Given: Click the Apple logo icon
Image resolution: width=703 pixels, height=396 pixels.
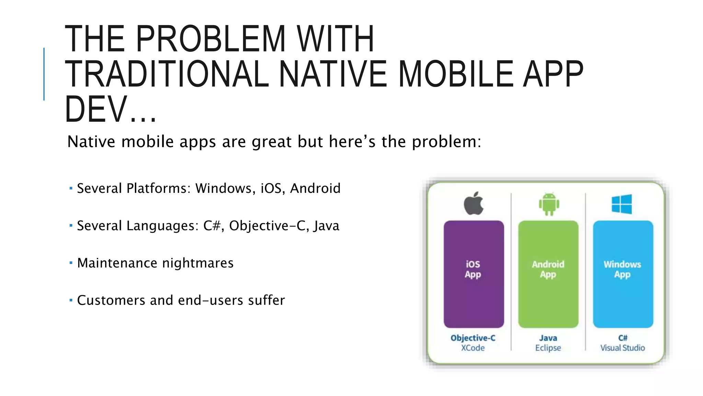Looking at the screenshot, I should [x=474, y=203].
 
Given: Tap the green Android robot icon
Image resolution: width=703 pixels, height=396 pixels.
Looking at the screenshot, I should [x=549, y=204].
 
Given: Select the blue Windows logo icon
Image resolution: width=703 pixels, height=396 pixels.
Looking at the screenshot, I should [x=622, y=204].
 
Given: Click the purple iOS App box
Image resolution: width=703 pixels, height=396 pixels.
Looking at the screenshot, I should [x=474, y=274].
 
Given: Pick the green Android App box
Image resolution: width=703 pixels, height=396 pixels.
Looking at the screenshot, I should [x=548, y=274].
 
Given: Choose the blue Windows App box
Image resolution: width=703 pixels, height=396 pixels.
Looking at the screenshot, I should [x=623, y=274].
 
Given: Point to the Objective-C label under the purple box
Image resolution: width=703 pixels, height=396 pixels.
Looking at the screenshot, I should [x=473, y=338].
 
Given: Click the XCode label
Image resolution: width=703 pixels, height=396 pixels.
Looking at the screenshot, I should [x=473, y=348].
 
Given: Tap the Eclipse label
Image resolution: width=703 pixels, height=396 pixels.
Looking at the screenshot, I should [x=548, y=348].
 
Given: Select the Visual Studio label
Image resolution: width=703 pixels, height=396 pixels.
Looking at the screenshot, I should [x=622, y=348].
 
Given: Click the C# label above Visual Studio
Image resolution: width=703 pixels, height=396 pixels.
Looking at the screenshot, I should [x=623, y=338].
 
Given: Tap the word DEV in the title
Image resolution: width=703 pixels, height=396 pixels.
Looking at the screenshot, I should [x=96, y=110].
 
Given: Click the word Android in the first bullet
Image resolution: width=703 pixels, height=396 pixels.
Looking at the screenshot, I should [x=315, y=188].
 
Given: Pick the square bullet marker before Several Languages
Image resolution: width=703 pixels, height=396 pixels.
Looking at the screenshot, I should [x=71, y=225].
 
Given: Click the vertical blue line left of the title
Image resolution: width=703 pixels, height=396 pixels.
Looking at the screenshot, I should [x=44, y=74].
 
